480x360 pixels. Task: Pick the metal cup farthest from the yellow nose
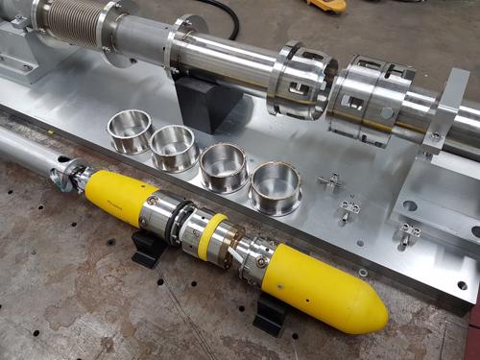130,130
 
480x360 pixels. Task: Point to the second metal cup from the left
175,147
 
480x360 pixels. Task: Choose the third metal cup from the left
224,166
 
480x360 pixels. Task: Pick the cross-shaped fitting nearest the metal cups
331,180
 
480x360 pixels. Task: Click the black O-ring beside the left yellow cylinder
174,222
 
